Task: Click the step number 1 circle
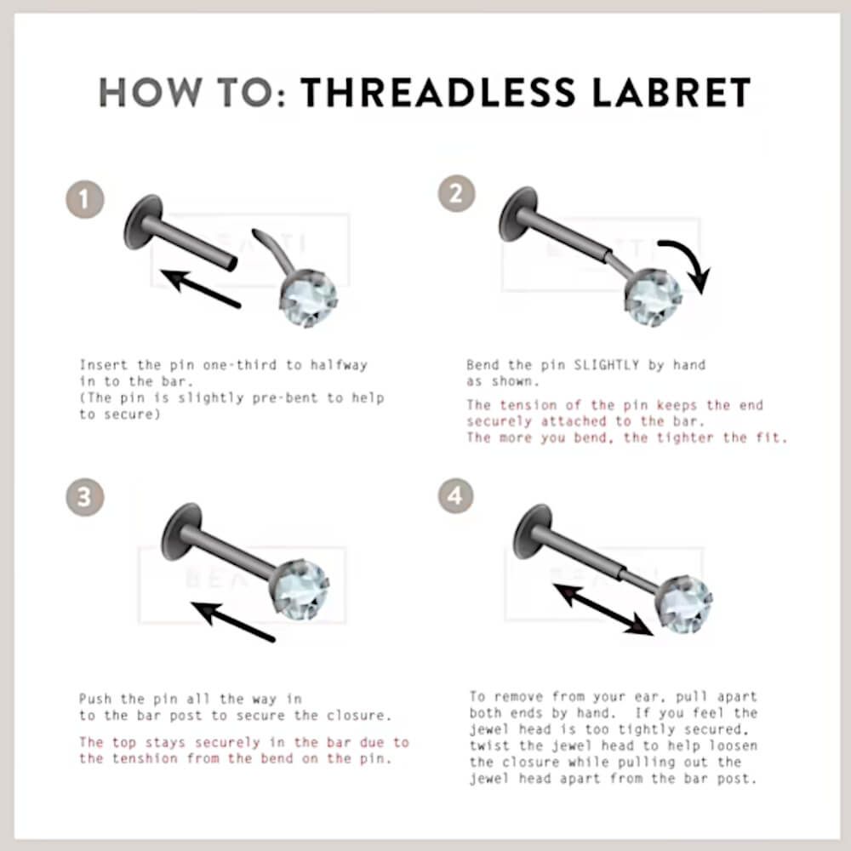coord(84,200)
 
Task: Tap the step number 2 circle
coord(456,193)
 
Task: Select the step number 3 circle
coord(84,497)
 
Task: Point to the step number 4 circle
coord(455,495)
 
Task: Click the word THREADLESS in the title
coord(438,92)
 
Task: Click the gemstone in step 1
coord(308,299)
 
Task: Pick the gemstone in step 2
coord(653,298)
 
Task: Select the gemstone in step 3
coord(300,590)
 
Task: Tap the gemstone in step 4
coord(683,604)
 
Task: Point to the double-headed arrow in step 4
coord(603,609)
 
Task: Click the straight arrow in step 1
coord(201,288)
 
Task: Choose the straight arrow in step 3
coord(234,622)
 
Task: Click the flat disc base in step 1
coord(142,221)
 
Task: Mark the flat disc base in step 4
coord(533,532)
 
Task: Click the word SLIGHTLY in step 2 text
coord(606,365)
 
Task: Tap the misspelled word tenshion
coord(145,759)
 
